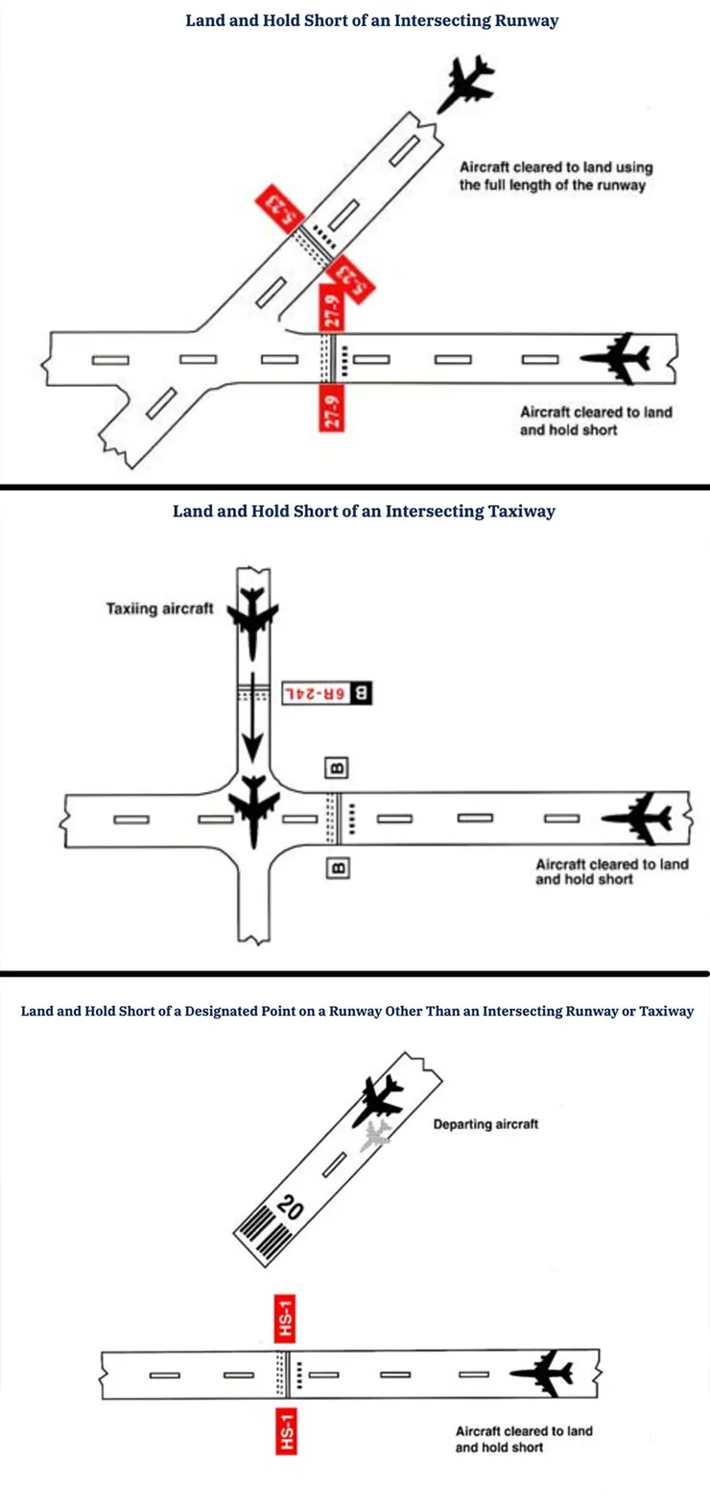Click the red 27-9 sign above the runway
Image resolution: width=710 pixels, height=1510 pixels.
pyautogui.click(x=331, y=308)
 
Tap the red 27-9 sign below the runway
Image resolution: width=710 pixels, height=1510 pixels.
pyautogui.click(x=331, y=408)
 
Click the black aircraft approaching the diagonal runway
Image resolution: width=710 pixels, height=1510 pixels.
pyautogui.click(x=466, y=83)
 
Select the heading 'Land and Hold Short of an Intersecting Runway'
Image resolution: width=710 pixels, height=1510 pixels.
pyautogui.click(x=372, y=21)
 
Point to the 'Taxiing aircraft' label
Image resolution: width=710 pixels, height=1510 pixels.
pyautogui.click(x=159, y=609)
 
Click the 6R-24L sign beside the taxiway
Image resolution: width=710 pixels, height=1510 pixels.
pyautogui.click(x=327, y=694)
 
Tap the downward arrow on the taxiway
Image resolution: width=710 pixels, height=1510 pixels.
pyautogui.click(x=252, y=717)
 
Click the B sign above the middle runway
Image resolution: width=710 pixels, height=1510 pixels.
pyautogui.click(x=337, y=768)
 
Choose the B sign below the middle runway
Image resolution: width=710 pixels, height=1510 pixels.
pyautogui.click(x=338, y=868)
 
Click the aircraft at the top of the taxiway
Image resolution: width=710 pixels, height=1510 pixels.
pyautogui.click(x=252, y=621)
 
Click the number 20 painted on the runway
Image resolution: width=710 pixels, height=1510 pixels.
pyautogui.click(x=290, y=1207)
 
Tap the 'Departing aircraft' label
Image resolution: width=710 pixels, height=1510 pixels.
pyautogui.click(x=485, y=1124)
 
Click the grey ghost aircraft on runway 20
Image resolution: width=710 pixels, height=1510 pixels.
pyautogui.click(x=376, y=1136)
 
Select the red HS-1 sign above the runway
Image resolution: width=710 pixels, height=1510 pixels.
pyautogui.click(x=286, y=1319)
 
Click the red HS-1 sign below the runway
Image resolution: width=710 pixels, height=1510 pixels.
pyautogui.click(x=286, y=1431)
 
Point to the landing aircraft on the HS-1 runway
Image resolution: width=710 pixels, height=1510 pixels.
pyautogui.click(x=542, y=1373)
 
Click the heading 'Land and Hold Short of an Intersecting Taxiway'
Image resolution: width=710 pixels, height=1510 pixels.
pyautogui.click(x=364, y=512)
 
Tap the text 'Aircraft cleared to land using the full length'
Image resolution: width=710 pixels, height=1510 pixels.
pyautogui.click(x=556, y=176)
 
